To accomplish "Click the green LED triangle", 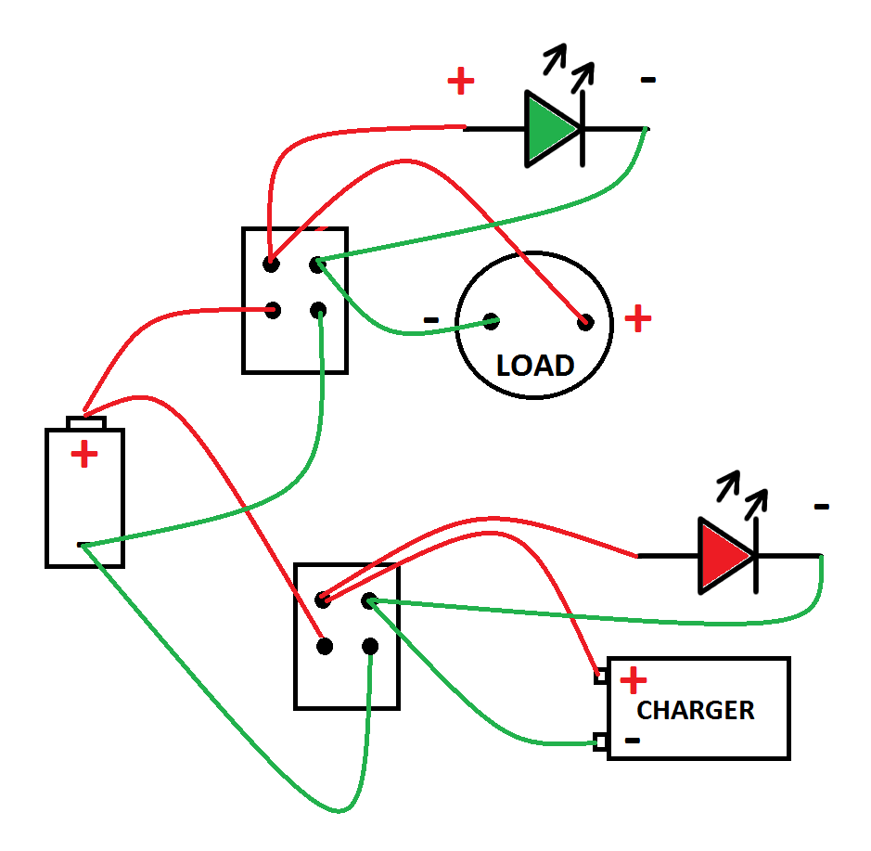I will tap(549, 128).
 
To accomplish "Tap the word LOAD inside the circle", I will tap(535, 366).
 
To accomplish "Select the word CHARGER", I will tap(695, 711).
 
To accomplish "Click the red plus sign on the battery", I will tap(84, 455).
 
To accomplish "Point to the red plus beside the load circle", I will tap(637, 319).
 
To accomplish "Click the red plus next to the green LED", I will tap(461, 82).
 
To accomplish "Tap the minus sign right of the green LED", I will tap(648, 81).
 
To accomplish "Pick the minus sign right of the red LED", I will tap(821, 507).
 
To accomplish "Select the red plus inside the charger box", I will tap(634, 681).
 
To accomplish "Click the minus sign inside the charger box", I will tap(633, 740).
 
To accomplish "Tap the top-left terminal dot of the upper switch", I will tap(271, 264).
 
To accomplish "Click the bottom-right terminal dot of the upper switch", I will tap(319, 310).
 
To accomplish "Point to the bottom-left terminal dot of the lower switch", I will tap(324, 646).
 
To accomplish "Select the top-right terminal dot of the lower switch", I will tap(370, 600).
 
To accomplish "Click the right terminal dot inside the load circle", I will tap(585, 322).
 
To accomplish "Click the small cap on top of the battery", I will tap(87, 423).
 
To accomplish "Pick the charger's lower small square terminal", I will tap(601, 741).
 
